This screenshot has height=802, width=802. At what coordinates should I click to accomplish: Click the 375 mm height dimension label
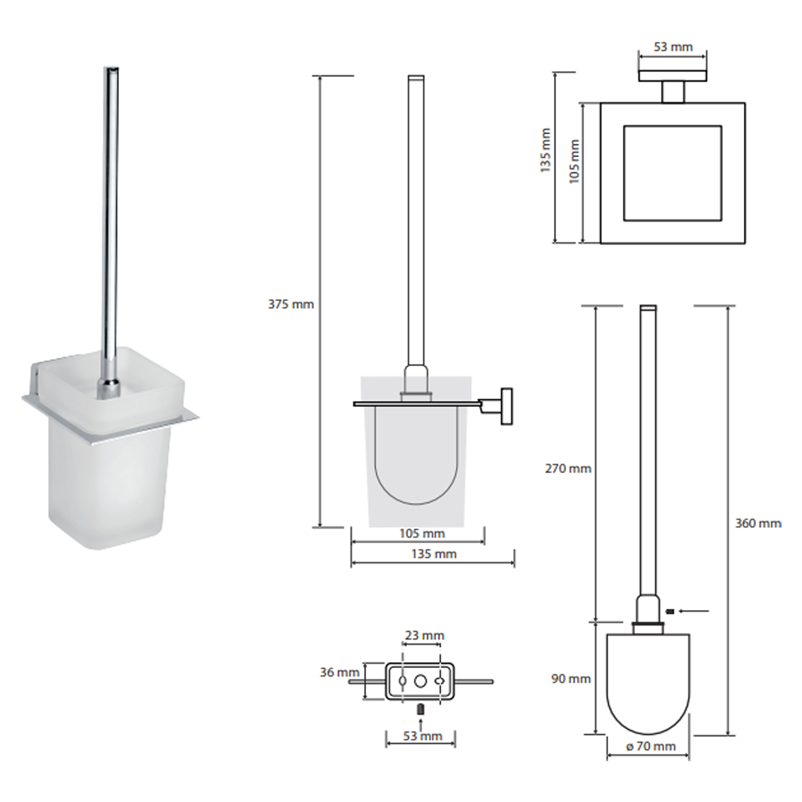(x=291, y=304)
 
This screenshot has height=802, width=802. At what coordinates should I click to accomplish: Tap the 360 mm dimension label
(x=758, y=523)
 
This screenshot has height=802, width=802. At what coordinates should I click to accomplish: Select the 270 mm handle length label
(x=568, y=469)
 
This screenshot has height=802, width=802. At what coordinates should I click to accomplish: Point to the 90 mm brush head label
(x=571, y=679)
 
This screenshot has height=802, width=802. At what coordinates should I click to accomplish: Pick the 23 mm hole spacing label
(x=424, y=635)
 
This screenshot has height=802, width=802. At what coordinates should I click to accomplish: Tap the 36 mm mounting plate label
(x=339, y=672)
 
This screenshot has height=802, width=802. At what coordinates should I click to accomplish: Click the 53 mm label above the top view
(x=673, y=47)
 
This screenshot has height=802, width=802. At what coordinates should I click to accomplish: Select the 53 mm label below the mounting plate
(x=422, y=736)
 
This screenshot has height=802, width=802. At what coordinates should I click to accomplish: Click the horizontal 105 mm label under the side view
(x=422, y=533)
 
